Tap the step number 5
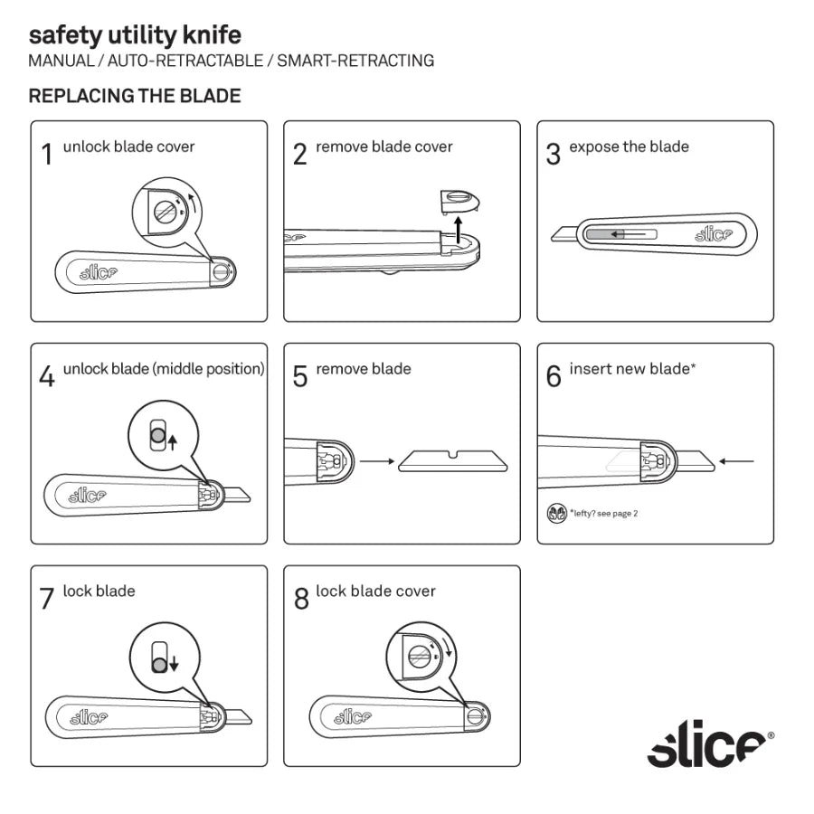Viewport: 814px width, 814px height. [x=300, y=375]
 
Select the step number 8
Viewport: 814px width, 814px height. [x=301, y=599]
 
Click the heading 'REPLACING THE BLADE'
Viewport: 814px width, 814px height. [x=135, y=96]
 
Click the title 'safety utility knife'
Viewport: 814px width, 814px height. [x=135, y=36]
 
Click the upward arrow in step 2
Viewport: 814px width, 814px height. [x=458, y=227]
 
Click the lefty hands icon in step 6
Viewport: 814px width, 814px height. [x=558, y=513]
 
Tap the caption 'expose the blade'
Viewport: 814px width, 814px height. [x=629, y=147]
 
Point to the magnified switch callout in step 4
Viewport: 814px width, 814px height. [x=162, y=437]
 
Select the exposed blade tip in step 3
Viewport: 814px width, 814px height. [x=565, y=235]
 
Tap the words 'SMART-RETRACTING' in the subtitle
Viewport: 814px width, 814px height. [x=355, y=62]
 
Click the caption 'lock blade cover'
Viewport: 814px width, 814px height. [x=375, y=592]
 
